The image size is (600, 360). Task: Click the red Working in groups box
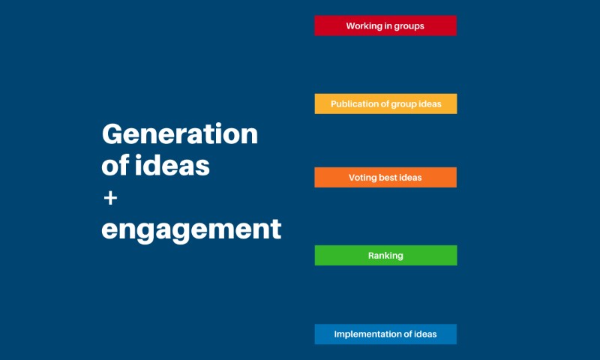point(385,25)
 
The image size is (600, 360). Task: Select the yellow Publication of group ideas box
point(385,103)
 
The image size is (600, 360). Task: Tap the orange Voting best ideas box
point(385,178)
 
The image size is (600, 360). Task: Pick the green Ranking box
point(385,256)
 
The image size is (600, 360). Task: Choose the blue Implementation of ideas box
point(385,334)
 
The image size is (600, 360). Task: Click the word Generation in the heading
point(180,134)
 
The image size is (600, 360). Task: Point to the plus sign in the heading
point(110,198)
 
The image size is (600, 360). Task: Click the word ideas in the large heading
point(172,165)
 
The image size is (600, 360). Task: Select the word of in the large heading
point(115,165)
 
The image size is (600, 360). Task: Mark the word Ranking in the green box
point(385,256)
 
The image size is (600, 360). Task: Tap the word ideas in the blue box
point(425,334)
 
